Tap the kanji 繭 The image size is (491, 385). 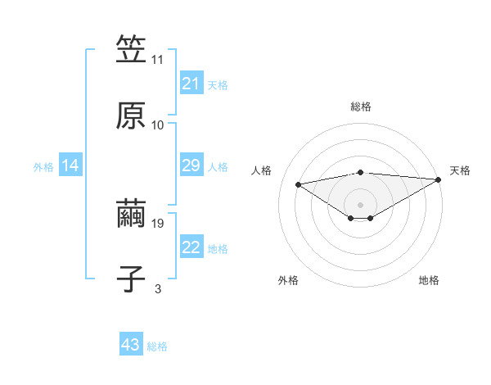[x=131, y=215]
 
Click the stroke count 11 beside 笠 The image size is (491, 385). [x=158, y=60]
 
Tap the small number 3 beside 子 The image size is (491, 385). [x=158, y=289]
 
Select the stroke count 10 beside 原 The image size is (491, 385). [x=158, y=125]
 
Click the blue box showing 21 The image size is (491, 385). [x=191, y=84]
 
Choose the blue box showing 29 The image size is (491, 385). [x=191, y=165]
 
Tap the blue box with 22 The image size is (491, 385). [x=191, y=247]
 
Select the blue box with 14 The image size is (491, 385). [x=70, y=165]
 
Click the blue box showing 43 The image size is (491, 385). [x=130, y=345]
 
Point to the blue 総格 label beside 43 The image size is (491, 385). [x=157, y=346]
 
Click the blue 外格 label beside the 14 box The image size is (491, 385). [x=43, y=166]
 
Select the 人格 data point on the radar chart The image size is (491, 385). [x=298, y=183]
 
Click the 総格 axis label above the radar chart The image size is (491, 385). [x=360, y=106]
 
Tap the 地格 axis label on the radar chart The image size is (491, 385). [x=429, y=280]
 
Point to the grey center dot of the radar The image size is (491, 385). [x=360, y=204]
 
